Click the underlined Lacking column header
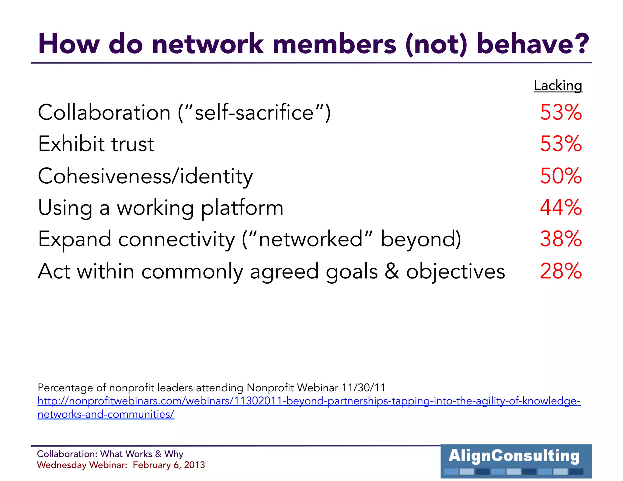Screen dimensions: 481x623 point(558,85)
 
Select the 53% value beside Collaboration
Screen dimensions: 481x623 point(561,112)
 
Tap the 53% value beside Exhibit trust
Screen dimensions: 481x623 point(561,144)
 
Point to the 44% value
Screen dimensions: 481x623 point(561,207)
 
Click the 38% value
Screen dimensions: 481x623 point(561,239)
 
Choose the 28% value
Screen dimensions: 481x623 point(561,271)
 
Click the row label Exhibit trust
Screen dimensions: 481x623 point(96,144)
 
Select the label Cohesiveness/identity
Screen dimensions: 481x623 point(145,176)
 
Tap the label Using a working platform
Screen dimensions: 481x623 point(161,208)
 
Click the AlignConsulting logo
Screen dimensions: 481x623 point(516,461)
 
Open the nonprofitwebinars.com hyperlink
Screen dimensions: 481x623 point(309,401)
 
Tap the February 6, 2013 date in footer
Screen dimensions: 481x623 point(169,465)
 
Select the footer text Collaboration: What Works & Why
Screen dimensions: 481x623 point(110,454)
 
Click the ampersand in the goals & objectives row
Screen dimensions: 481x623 point(392,271)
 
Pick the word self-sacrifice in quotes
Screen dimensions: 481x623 point(254,112)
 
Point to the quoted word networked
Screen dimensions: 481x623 point(311,239)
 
